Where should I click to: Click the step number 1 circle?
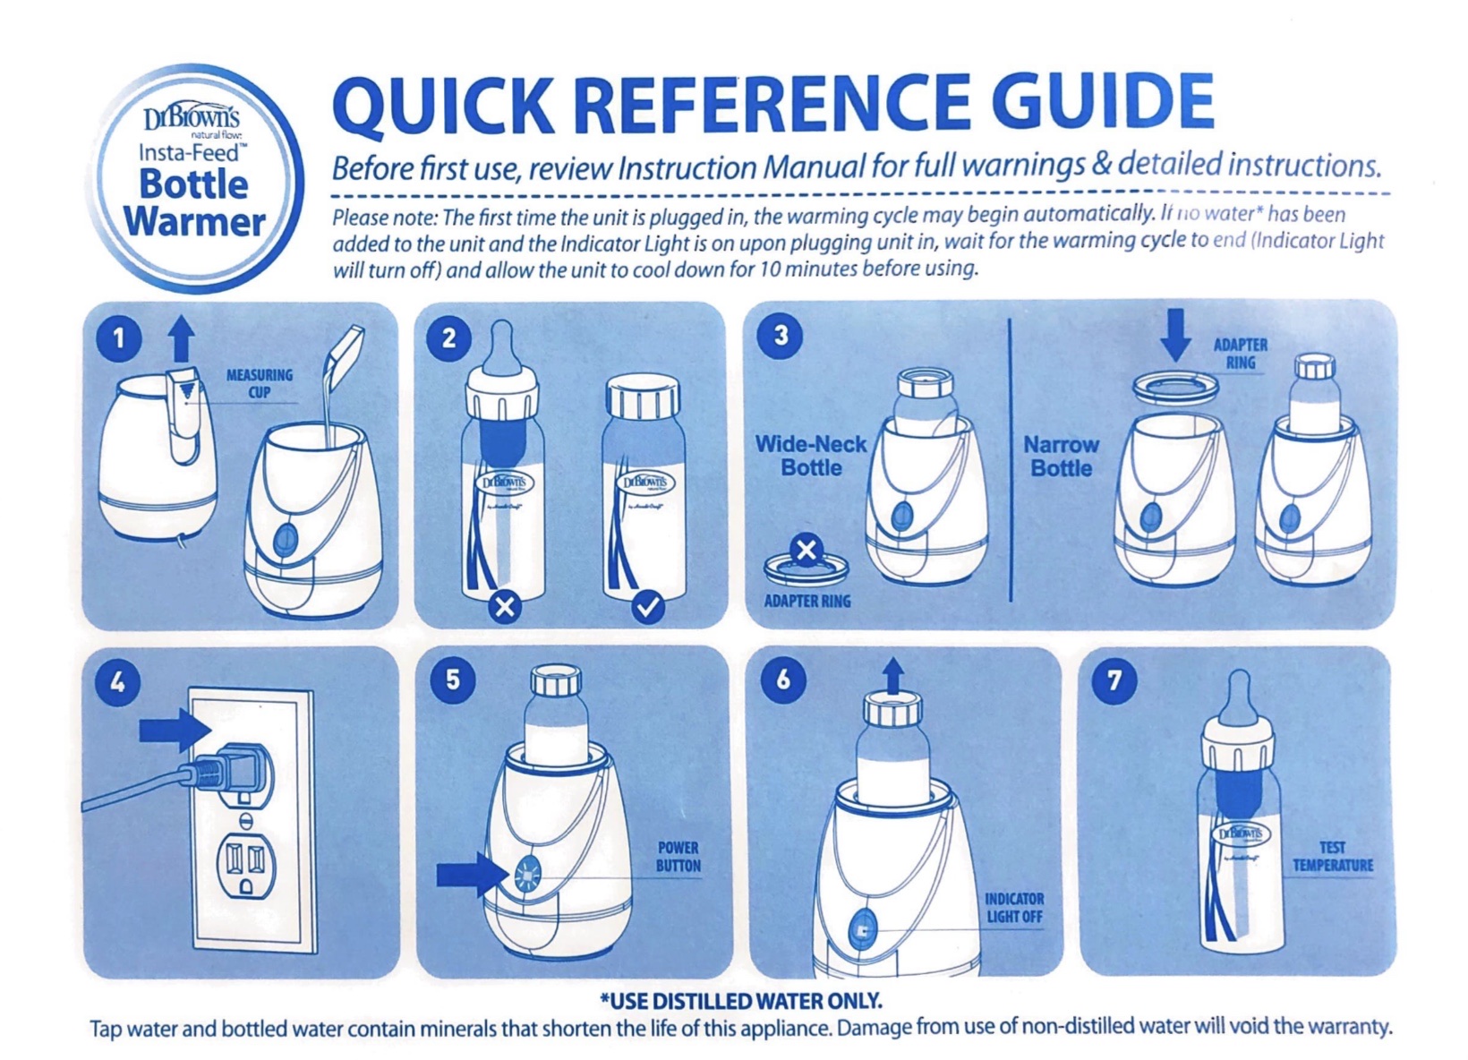tap(119, 339)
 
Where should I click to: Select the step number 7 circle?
tap(1114, 682)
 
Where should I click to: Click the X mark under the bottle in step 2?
tap(505, 608)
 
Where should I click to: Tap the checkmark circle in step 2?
tap(648, 608)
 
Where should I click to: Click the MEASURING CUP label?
tap(260, 383)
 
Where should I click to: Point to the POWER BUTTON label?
tap(679, 857)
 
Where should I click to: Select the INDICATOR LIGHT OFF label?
tap(1014, 908)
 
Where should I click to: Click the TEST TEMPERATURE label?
tap(1333, 857)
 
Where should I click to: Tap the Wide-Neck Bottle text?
tap(811, 456)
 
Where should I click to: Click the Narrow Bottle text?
tap(1061, 457)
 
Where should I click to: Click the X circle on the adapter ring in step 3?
tap(807, 550)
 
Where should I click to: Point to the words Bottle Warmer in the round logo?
tap(195, 202)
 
